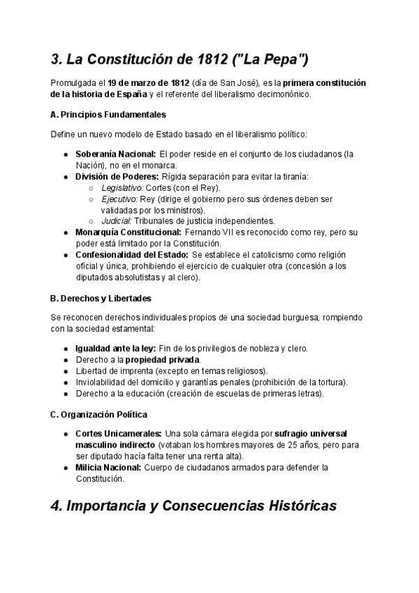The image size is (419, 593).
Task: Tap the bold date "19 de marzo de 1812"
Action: pos(147,83)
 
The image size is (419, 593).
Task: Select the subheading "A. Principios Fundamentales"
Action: pos(108,114)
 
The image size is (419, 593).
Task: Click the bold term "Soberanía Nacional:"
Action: pos(115,153)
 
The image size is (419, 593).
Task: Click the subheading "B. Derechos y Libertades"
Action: pos(101,298)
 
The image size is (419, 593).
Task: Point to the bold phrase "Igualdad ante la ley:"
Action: pos(115,348)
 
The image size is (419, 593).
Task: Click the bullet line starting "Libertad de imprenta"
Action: pos(171,370)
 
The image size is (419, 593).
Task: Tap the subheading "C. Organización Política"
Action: pos(98,415)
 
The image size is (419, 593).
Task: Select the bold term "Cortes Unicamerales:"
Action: pos(118,434)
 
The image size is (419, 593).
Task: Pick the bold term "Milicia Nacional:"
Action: pos(108,467)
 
